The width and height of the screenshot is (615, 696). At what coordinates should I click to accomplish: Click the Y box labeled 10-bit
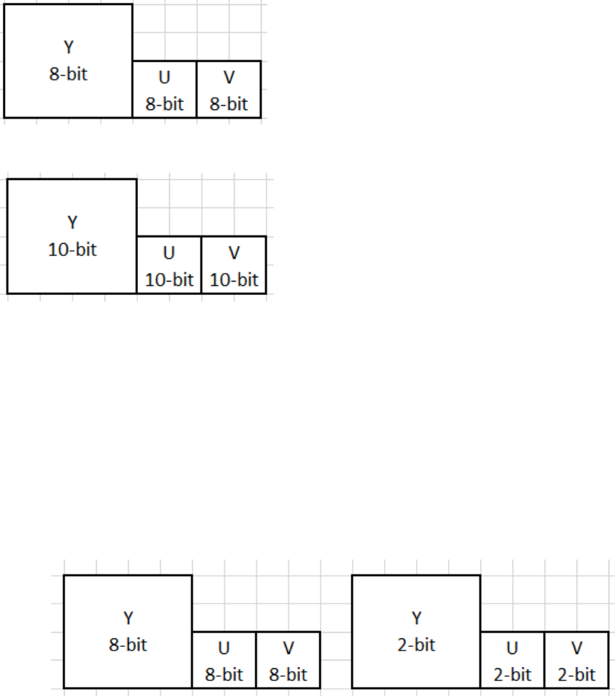[72, 236]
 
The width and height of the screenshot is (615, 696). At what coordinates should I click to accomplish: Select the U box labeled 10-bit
[169, 265]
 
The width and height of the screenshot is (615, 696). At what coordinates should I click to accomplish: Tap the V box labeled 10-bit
[234, 265]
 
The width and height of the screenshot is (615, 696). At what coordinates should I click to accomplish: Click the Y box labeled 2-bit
[416, 631]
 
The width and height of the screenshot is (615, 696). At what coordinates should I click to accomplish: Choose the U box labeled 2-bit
[512, 660]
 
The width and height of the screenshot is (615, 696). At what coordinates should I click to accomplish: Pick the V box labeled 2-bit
[577, 660]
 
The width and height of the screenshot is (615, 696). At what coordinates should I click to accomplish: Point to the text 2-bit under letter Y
[416, 646]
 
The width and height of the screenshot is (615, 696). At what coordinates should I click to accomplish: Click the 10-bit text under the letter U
[169, 279]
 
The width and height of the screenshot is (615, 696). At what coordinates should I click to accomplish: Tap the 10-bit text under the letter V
[234, 279]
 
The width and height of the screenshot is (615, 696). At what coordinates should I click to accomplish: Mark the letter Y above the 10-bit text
[73, 223]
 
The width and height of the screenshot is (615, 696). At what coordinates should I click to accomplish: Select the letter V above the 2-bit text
[577, 648]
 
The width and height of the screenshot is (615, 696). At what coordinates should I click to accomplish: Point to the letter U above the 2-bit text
[512, 648]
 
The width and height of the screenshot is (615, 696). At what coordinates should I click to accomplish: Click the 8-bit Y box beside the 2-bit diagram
[128, 631]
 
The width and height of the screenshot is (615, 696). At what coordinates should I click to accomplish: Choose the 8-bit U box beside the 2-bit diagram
[224, 660]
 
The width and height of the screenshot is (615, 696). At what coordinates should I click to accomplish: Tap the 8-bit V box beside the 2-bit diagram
[288, 660]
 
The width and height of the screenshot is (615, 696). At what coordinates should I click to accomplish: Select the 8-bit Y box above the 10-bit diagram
[68, 60]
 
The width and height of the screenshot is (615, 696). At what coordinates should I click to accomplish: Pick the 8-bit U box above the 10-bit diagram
[164, 90]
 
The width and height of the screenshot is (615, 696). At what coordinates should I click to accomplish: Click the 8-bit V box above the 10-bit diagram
[229, 90]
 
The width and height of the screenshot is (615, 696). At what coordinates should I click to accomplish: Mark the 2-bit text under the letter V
[577, 674]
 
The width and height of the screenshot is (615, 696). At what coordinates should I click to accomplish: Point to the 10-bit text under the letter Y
[73, 250]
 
